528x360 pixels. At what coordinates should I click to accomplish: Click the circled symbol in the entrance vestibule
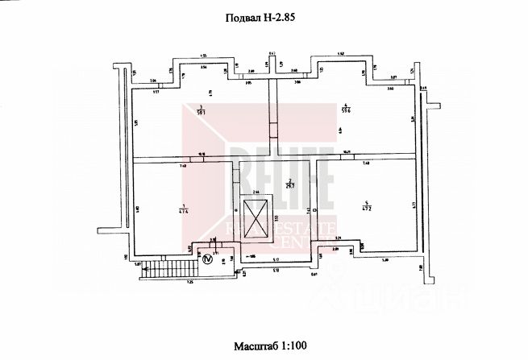(207, 259)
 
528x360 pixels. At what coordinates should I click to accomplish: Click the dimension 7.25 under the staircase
(191, 283)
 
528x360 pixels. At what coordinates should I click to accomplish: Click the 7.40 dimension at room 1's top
(183, 165)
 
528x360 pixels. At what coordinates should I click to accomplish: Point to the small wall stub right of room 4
(431, 105)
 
